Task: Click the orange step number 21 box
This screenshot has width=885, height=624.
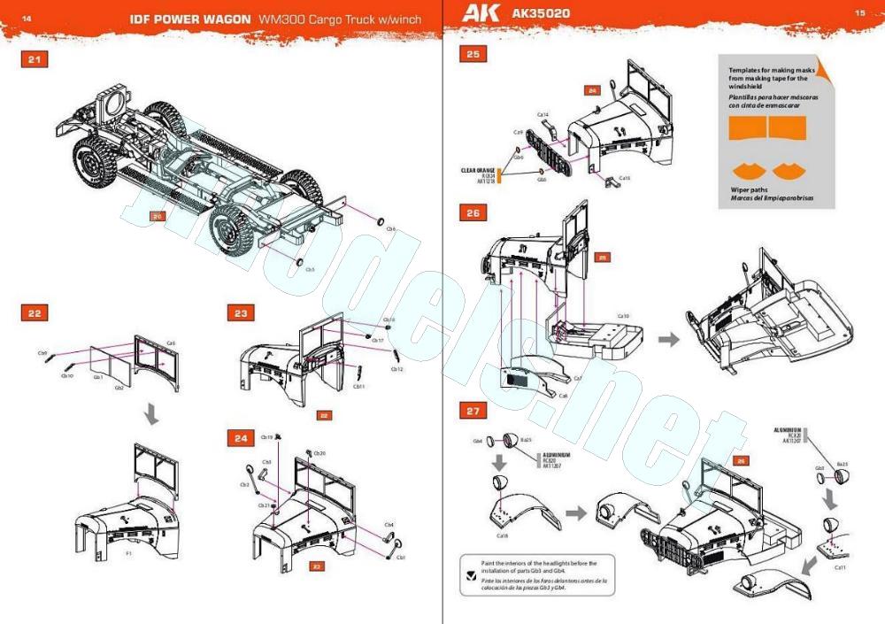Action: point(35,59)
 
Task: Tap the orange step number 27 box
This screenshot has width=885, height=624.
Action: point(473,410)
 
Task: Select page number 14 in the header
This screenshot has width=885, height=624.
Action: point(26,17)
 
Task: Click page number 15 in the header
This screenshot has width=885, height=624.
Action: point(859,13)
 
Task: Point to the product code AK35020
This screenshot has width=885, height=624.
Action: point(541,14)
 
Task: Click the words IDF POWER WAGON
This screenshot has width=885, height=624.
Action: point(189,19)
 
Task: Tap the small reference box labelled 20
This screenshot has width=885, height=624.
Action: point(158,215)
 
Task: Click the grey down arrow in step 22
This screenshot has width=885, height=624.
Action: point(152,414)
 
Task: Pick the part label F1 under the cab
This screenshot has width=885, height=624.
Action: point(128,552)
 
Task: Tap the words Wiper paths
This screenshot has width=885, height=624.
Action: point(749,189)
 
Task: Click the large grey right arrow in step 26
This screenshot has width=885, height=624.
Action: point(667,338)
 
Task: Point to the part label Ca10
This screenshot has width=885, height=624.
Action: point(623,316)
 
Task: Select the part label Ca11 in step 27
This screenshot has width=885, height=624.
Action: point(840,566)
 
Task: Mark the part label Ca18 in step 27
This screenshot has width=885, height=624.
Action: point(502,535)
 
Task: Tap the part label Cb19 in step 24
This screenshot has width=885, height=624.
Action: point(266,436)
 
